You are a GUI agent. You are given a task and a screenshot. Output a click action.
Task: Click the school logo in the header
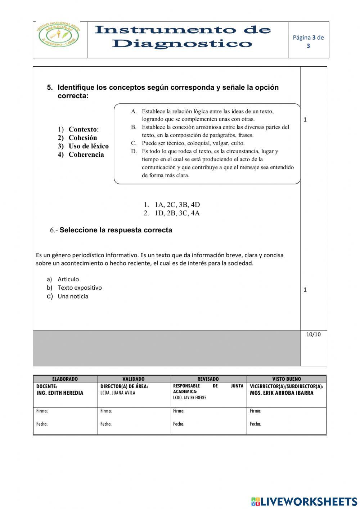pos(59,39)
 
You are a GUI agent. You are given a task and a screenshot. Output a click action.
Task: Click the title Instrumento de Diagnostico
pos(183,37)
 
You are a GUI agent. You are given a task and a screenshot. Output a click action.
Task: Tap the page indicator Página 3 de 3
pos(308,41)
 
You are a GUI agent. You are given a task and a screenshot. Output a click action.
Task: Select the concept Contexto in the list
pos(83,129)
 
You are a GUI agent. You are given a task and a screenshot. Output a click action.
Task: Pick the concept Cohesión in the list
pos(82,138)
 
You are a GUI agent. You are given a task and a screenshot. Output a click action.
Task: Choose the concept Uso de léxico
pos(88,146)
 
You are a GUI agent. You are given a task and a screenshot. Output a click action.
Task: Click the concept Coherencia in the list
pos(86,155)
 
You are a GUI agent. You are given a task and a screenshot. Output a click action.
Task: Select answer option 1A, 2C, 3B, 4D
pos(177,205)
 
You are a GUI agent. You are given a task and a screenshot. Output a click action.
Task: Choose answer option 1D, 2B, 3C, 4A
pos(177,213)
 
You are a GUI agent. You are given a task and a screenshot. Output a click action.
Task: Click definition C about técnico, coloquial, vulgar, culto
pos(193,143)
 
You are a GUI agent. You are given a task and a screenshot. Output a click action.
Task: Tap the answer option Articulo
pos(68,279)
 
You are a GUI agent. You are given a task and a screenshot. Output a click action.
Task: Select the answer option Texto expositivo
pos(80,287)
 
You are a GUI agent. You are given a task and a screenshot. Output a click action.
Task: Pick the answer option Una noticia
pos(73,296)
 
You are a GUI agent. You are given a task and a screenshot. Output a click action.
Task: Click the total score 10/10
pos(313,334)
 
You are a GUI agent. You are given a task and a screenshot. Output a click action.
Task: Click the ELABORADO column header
pos(65,379)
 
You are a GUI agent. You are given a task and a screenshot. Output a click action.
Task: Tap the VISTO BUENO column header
pos(287,379)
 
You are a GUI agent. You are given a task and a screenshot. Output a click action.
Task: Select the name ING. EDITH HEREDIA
pos(60,393)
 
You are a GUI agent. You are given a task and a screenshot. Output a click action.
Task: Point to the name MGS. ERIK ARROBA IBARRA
pos(282,393)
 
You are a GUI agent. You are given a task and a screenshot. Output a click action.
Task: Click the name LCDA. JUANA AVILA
pos(118,393)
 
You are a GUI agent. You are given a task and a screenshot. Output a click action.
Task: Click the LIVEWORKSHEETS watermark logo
pos(304,501)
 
